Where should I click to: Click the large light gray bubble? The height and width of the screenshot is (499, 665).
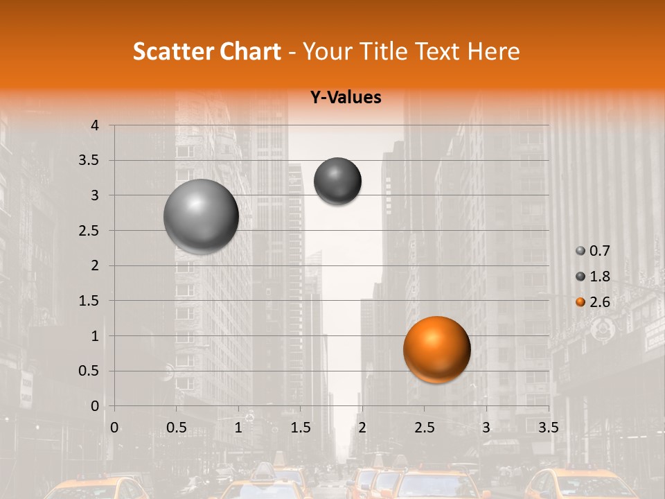201,216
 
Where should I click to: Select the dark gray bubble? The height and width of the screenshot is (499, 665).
337,181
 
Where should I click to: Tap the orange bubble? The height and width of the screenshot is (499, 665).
436,349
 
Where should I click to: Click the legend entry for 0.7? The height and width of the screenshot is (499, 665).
593,251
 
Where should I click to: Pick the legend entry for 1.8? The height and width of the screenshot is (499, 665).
593,277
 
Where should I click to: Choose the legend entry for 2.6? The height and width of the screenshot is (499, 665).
593,301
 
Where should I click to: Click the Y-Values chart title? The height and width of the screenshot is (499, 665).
345,98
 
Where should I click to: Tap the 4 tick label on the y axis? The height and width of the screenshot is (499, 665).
96,125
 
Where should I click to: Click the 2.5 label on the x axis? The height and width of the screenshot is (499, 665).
424,428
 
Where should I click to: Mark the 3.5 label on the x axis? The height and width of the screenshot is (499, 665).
548,428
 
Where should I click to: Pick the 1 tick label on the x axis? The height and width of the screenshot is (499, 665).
238,428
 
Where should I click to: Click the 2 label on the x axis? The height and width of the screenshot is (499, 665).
362,428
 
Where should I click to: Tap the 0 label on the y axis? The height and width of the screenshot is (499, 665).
96,406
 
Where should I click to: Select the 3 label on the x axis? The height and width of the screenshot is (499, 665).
486,428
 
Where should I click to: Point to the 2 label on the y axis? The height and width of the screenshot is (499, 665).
96,265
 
